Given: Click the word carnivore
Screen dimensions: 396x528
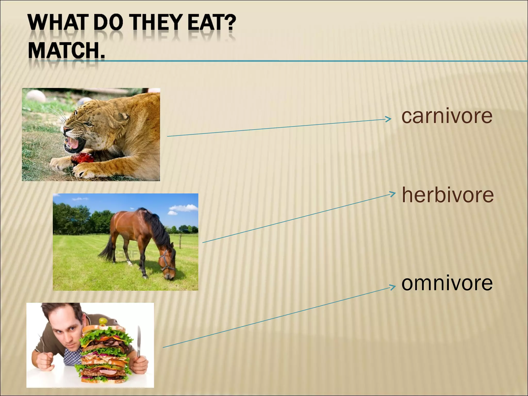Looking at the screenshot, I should point(447,116).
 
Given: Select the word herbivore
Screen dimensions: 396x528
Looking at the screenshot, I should point(448,195).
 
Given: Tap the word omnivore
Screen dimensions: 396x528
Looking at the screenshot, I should point(447,283).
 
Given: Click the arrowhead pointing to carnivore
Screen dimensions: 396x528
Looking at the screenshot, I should point(389,119).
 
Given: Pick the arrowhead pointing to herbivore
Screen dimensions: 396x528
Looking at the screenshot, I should point(392,194).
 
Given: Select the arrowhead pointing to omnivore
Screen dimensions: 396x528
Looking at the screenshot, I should point(392,287).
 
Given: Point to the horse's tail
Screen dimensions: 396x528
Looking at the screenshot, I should point(107,249).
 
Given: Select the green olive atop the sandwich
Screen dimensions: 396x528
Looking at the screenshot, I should point(103,321).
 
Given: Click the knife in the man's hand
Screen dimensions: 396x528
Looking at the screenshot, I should point(139,340).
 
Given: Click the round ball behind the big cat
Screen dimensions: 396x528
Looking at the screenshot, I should point(36,96).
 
